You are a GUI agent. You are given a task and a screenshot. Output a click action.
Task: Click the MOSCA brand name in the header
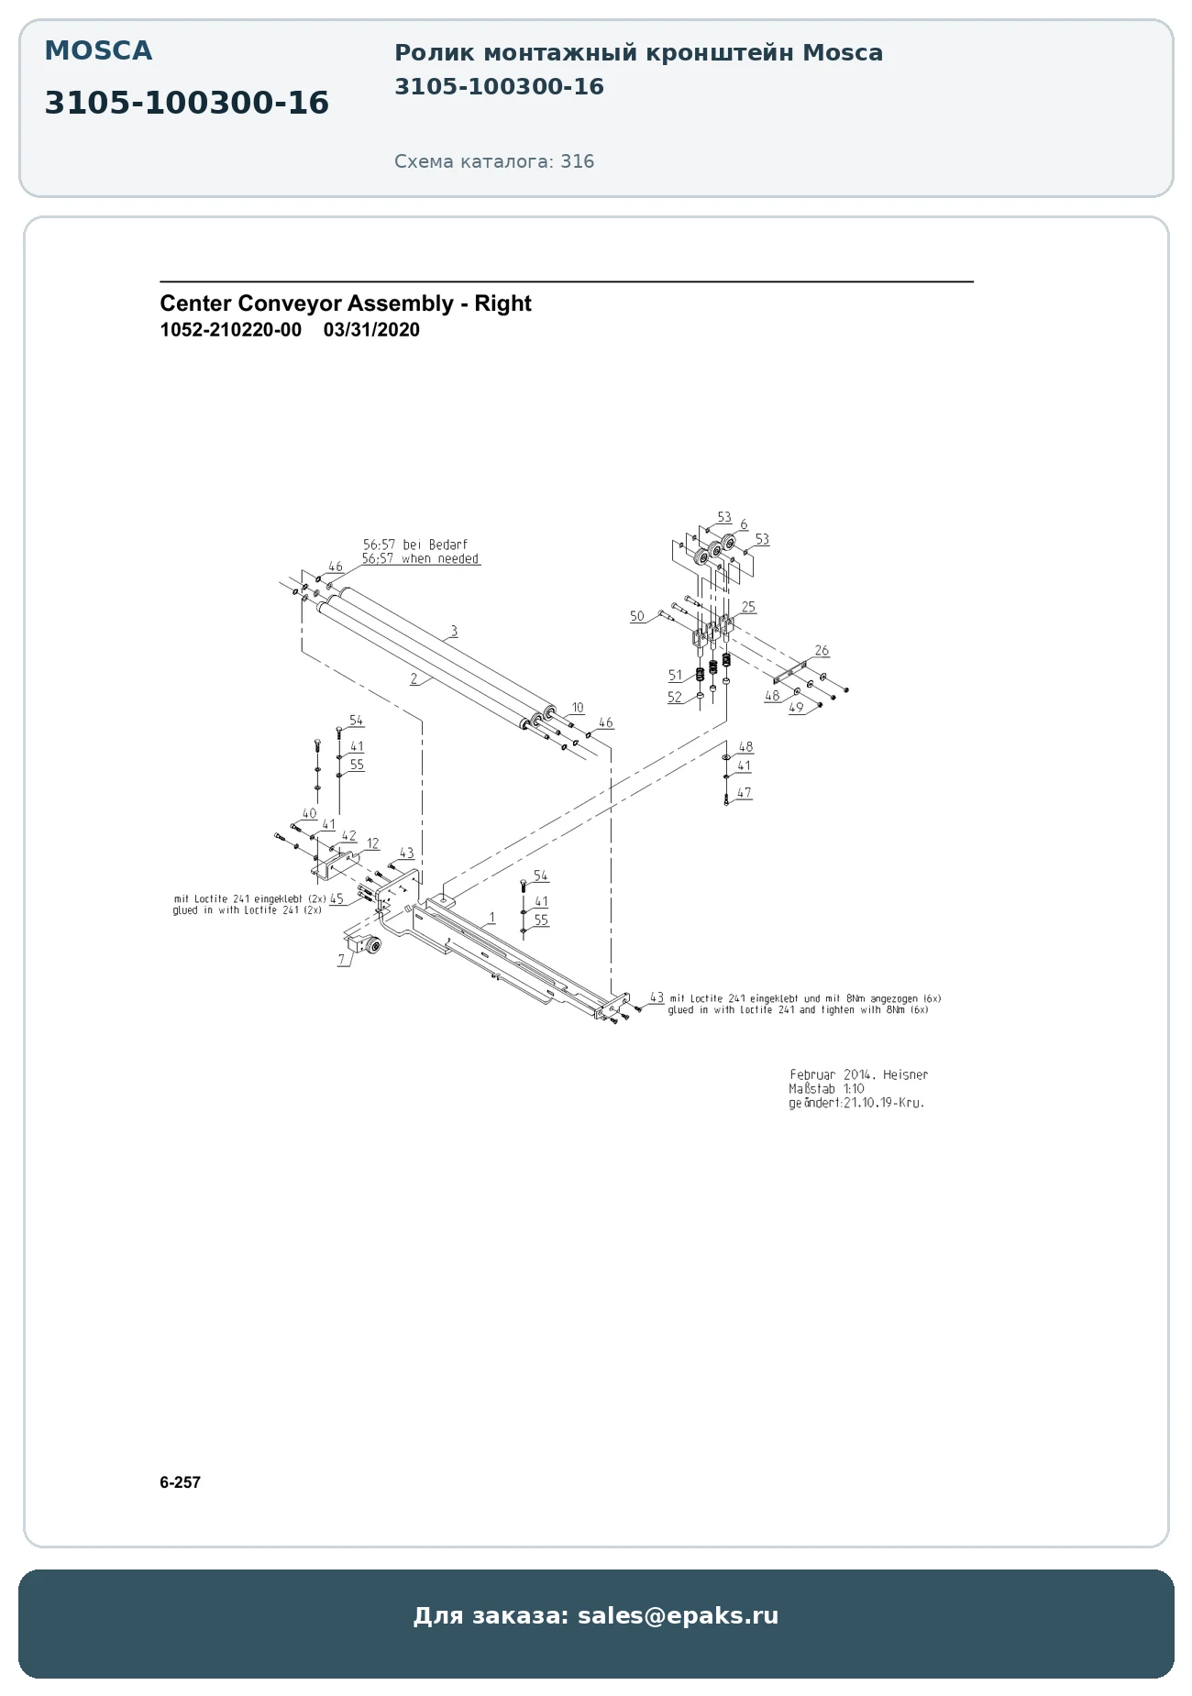point(98,51)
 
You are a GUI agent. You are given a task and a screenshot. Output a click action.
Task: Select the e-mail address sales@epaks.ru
point(678,1615)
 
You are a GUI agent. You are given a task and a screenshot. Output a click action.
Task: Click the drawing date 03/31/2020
point(371,330)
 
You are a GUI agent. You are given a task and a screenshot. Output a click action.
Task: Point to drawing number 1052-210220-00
point(230,330)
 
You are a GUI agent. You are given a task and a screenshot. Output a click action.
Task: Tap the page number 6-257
point(180,1482)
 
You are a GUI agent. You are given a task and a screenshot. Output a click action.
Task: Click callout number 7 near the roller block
point(341,960)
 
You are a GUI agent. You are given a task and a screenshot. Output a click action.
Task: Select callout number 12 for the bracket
point(372,843)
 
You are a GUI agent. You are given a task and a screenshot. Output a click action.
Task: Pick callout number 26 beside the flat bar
point(822,650)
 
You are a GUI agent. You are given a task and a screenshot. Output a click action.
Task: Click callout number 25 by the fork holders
point(748,607)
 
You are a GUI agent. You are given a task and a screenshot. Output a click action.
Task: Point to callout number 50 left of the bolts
point(637,616)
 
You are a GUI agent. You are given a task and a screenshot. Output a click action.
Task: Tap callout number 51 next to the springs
point(675,676)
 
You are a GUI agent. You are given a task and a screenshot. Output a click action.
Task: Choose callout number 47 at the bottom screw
point(744,793)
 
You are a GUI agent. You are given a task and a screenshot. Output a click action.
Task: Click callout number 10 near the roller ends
point(577,708)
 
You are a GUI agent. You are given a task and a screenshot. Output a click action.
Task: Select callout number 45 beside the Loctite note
point(337,899)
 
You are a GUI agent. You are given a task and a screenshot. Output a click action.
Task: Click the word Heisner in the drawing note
point(905,1074)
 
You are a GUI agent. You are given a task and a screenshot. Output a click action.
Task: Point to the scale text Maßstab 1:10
point(826,1089)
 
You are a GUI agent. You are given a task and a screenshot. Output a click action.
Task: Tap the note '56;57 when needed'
point(420,558)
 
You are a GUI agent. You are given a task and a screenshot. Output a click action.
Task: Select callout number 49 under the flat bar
point(796,707)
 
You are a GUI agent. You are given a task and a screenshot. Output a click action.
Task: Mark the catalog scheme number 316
point(578,161)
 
